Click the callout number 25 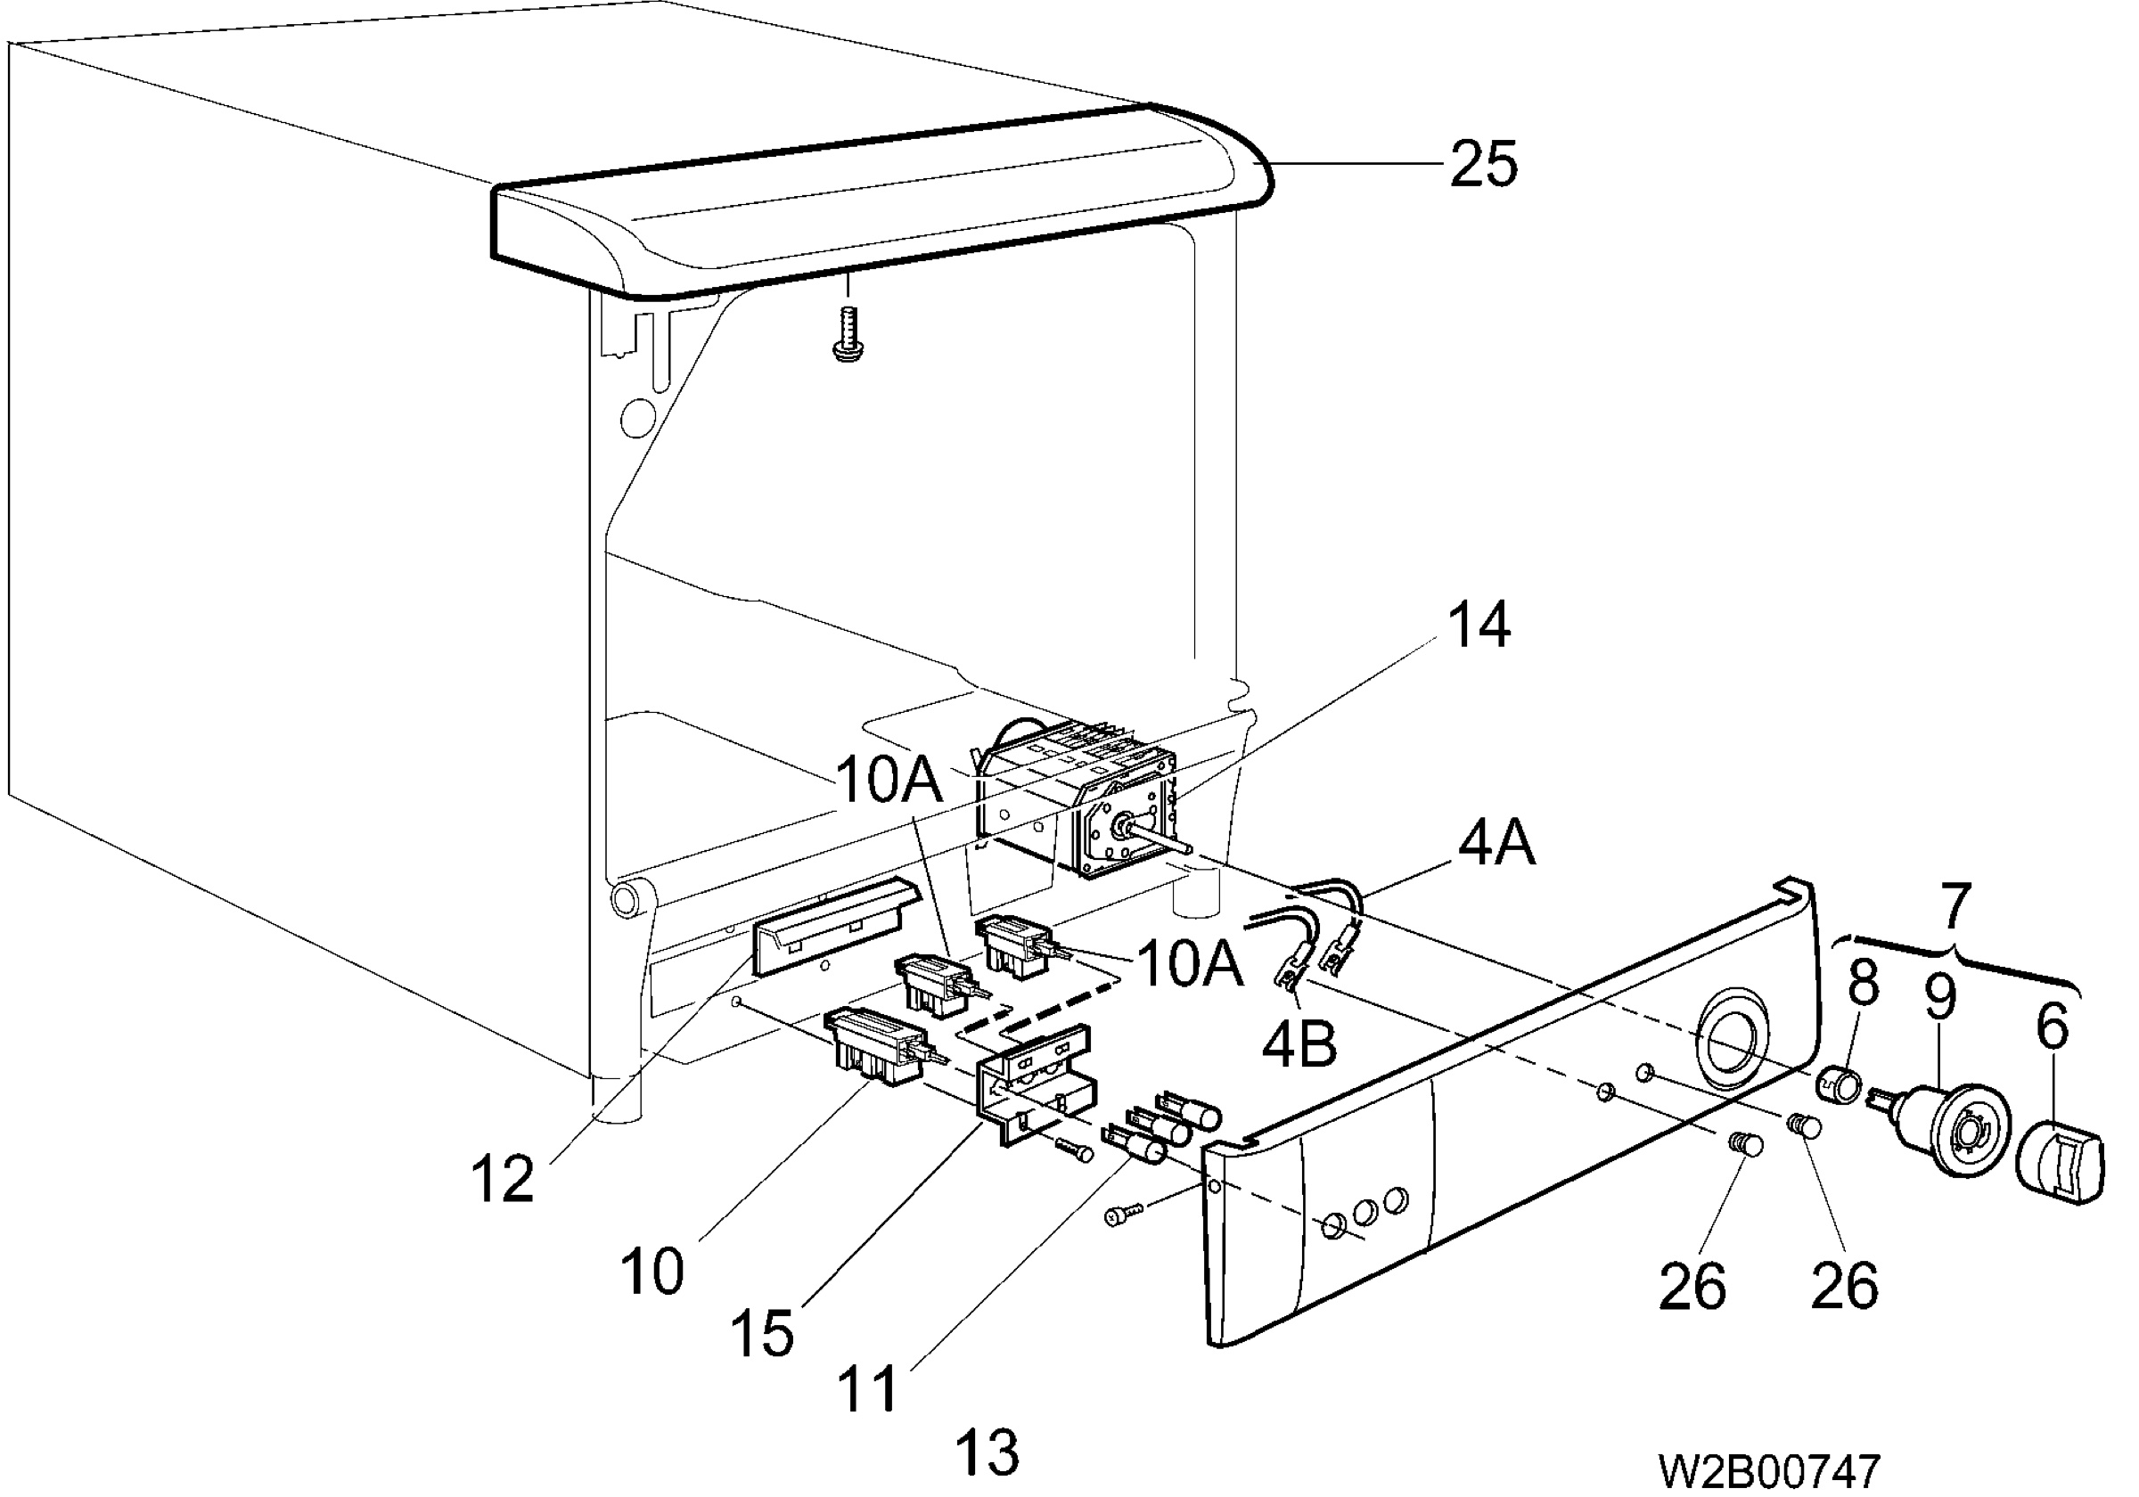1483,164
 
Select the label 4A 1496,844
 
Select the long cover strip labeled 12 829,926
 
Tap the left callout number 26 1692,1286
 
